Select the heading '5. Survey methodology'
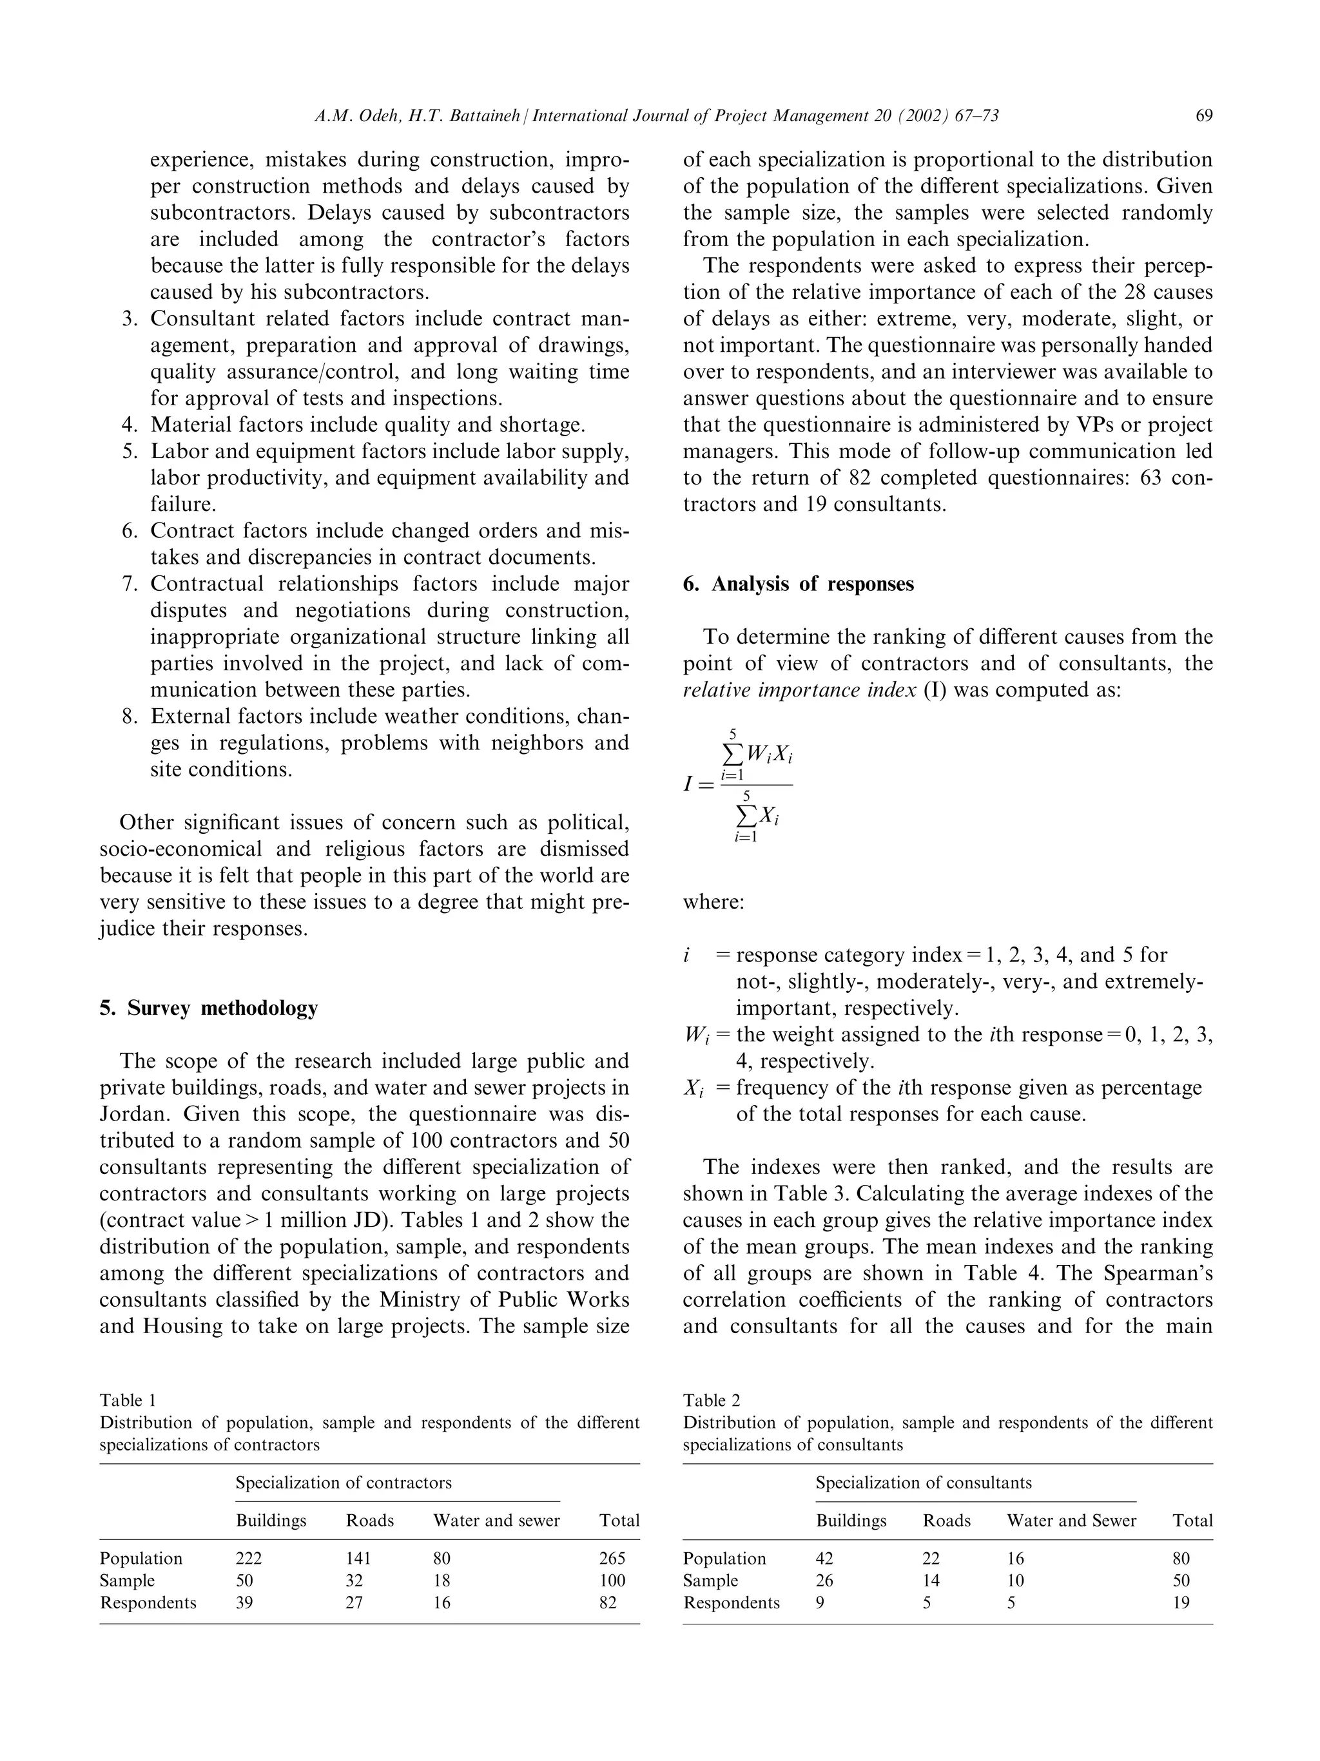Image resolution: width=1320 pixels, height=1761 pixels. [x=209, y=1008]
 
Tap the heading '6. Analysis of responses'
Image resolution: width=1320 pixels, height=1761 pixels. [x=798, y=584]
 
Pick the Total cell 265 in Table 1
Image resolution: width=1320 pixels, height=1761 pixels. [x=612, y=1558]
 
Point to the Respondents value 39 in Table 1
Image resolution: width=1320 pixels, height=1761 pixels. [x=244, y=1602]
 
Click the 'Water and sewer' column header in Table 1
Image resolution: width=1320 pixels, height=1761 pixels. [x=496, y=1520]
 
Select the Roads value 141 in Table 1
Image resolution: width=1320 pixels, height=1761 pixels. [x=358, y=1558]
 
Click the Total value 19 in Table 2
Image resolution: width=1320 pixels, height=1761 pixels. [x=1181, y=1602]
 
